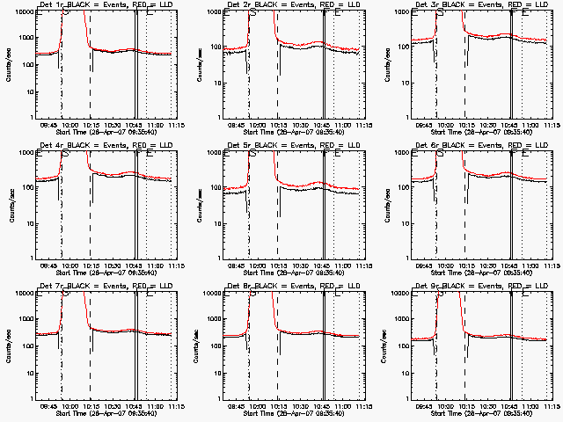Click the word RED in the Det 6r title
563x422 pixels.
[x=497, y=145]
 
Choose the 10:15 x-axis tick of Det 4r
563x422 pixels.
[x=90, y=265]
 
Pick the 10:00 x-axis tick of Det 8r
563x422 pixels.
[x=255, y=405]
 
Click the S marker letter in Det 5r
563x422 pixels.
[x=254, y=153]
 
